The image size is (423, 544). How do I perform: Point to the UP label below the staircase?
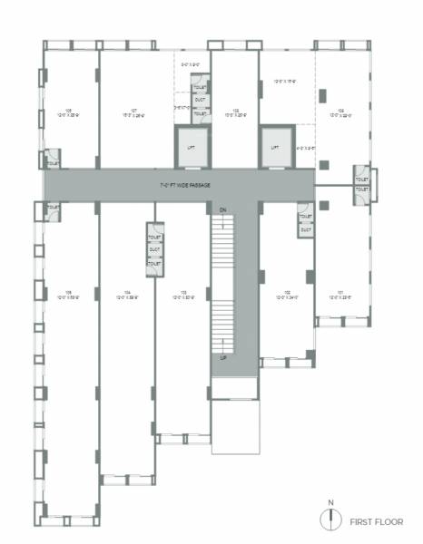tap(222, 357)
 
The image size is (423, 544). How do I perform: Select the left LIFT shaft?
tap(191, 148)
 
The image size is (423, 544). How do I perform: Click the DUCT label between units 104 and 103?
tap(154, 251)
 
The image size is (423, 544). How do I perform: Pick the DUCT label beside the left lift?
tap(200, 99)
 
